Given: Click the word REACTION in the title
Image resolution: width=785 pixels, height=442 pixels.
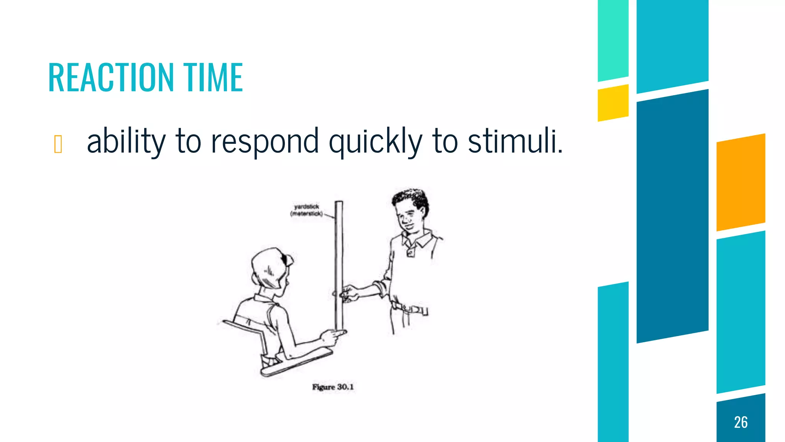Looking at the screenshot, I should (111, 78).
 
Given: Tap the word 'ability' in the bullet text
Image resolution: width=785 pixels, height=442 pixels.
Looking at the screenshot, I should (126, 141).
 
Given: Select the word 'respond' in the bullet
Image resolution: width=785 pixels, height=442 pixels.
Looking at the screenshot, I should (265, 141).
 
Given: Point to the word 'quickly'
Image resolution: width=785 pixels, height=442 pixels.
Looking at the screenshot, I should (375, 141).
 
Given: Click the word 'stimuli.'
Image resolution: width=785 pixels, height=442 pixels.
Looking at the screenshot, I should (515, 140).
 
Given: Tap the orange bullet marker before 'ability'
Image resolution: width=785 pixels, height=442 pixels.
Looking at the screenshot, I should (58, 144).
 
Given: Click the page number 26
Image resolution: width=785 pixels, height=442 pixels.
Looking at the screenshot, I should (741, 422).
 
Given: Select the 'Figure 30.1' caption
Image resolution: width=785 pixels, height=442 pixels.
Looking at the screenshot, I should (333, 387).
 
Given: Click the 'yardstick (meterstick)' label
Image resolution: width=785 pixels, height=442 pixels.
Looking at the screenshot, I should (306, 210).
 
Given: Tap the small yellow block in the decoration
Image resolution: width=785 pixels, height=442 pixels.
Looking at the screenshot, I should (613, 103).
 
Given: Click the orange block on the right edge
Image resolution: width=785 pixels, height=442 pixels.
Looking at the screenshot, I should (741, 182).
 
